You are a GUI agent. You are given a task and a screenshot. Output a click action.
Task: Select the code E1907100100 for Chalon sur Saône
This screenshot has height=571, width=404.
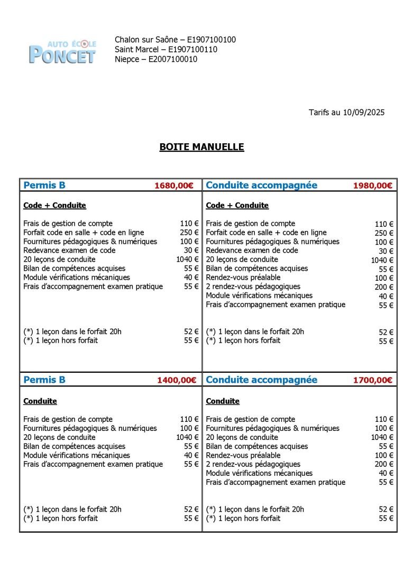pos(208,40)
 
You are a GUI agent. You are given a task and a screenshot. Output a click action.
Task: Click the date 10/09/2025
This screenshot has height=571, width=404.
pos(363,112)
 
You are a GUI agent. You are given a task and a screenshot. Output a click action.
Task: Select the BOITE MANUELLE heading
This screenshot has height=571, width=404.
pos(201,147)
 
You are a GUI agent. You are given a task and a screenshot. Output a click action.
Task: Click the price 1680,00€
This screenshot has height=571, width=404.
pos(174,186)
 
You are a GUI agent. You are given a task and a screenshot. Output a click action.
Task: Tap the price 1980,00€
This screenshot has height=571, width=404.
pos(373,186)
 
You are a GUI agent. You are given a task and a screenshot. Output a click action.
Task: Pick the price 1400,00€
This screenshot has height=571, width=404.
pos(177,380)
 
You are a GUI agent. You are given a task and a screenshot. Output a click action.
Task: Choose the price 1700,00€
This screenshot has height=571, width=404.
pos(373,380)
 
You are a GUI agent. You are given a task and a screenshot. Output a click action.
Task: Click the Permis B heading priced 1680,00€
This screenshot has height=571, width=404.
pos(44,185)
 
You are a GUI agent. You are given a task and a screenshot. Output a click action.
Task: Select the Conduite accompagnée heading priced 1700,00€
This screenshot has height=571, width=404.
pos(261,380)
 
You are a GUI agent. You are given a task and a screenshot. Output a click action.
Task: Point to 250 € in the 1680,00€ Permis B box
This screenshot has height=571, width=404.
pos(189,233)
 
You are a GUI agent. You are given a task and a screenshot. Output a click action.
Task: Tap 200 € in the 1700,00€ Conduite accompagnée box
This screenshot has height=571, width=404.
pos(384,464)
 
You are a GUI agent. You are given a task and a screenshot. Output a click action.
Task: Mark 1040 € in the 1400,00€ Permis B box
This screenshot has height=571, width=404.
pos(187,437)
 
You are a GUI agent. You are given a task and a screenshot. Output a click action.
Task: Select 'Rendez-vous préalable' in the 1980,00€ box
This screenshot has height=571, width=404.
pos(243,278)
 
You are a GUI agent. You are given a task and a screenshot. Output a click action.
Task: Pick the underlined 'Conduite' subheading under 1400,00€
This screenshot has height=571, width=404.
pos(40,401)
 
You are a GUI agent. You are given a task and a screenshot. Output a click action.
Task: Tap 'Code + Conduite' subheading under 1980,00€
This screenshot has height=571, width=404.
pos(237,205)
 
